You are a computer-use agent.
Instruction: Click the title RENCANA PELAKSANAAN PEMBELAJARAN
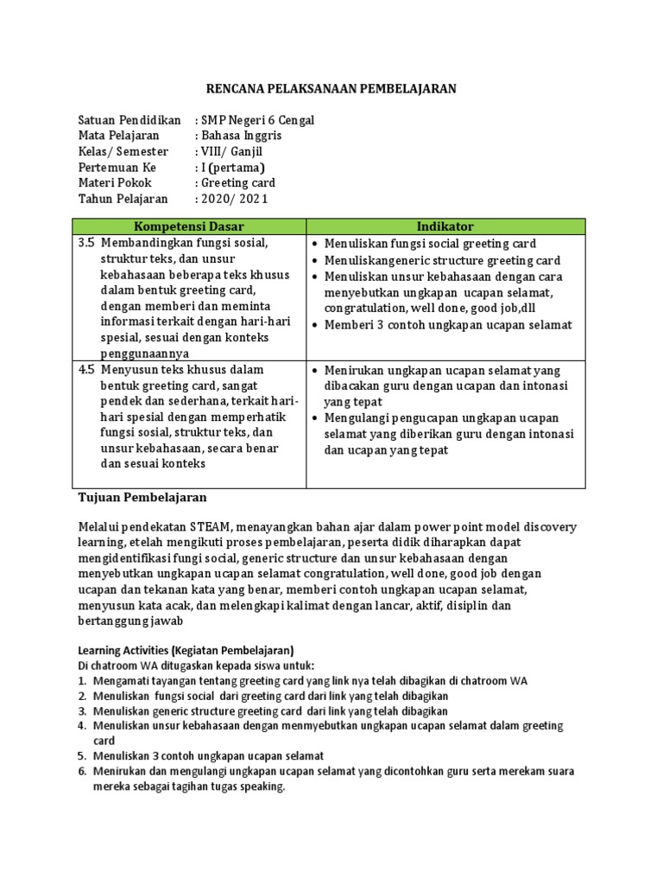tap(331, 89)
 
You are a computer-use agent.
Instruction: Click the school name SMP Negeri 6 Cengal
tap(257, 120)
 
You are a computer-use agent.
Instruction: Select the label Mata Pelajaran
tap(118, 136)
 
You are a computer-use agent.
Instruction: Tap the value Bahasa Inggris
tap(241, 136)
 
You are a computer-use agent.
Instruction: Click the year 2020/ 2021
tap(235, 199)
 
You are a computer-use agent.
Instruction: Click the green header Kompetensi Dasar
tap(188, 226)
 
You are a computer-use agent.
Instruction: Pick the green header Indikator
tap(445, 226)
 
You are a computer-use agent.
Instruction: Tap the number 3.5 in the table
tap(86, 244)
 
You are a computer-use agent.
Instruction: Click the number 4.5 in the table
tap(86, 369)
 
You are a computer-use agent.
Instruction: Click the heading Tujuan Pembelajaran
tap(142, 498)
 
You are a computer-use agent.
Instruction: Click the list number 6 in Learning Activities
tap(82, 771)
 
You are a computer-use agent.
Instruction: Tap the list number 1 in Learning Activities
tap(82, 681)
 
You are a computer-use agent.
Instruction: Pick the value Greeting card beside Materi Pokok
tap(238, 183)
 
